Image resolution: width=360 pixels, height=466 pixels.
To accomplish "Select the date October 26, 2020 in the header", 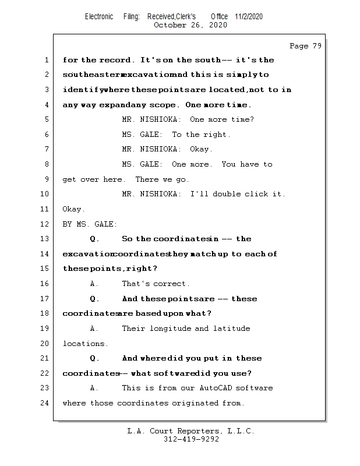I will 190,25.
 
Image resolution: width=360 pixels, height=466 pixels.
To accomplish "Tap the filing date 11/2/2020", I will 249,16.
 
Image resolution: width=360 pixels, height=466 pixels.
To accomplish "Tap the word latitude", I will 231,329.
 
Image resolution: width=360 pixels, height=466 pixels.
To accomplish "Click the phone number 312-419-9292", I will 191,440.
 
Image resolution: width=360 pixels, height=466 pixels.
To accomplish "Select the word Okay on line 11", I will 73,209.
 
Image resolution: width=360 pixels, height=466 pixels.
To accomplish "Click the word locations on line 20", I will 85,344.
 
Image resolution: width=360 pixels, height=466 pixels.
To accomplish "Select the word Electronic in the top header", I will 99,16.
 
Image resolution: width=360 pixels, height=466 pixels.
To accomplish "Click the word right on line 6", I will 216,135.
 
